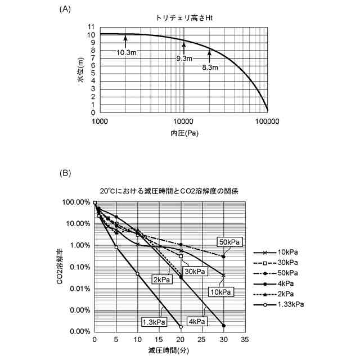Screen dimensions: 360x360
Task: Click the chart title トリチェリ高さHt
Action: pos(183,19)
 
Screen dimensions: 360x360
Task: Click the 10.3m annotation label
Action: pos(127,52)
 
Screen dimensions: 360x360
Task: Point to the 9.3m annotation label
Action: pos(184,58)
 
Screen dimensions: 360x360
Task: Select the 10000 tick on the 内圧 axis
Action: pos(183,121)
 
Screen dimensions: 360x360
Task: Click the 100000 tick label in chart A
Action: pos(267,121)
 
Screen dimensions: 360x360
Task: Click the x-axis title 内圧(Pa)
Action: pos(184,133)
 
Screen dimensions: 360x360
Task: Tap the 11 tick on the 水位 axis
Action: pos(91,27)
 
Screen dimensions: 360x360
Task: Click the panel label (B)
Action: pos(65,173)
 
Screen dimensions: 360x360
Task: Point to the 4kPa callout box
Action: pos(197,321)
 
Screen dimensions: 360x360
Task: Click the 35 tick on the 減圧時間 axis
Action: pos(245,340)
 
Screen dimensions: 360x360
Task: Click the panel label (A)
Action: pos(65,10)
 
